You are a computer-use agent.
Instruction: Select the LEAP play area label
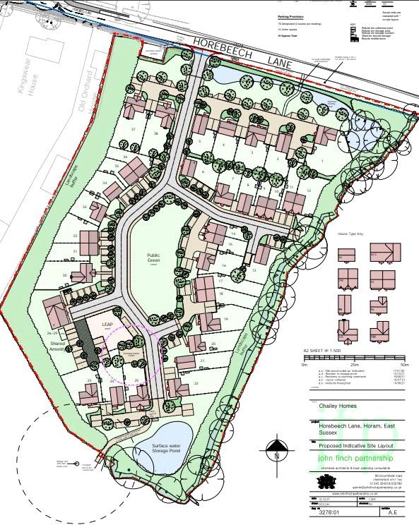(107, 325)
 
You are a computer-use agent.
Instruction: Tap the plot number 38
(155, 133)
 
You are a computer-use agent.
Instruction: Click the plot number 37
(133, 130)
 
